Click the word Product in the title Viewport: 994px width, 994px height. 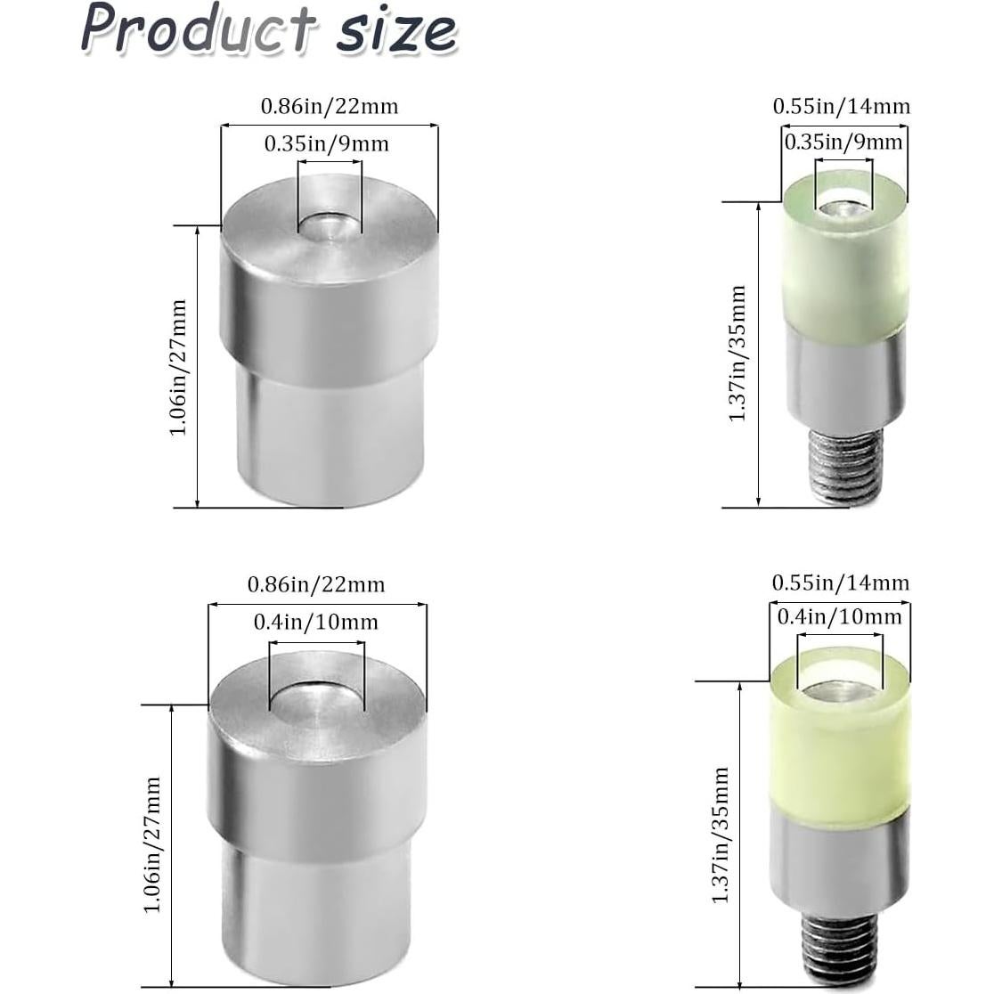pyautogui.click(x=198, y=28)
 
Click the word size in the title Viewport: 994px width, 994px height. pyautogui.click(x=395, y=32)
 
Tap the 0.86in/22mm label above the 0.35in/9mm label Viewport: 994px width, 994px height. pyautogui.click(x=330, y=106)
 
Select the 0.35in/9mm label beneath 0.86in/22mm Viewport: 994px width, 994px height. pyautogui.click(x=327, y=144)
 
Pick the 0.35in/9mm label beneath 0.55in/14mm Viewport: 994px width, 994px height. pyautogui.click(x=843, y=142)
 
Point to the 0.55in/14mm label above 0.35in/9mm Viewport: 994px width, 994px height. pyautogui.click(x=841, y=106)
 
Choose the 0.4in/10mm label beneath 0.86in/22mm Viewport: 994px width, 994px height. pyautogui.click(x=315, y=622)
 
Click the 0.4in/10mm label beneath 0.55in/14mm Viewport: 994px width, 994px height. pyautogui.click(x=839, y=616)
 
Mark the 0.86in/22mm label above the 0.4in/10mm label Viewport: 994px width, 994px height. pyautogui.click(x=316, y=584)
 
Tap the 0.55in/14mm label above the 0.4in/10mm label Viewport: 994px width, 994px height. pyautogui.click(x=841, y=583)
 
